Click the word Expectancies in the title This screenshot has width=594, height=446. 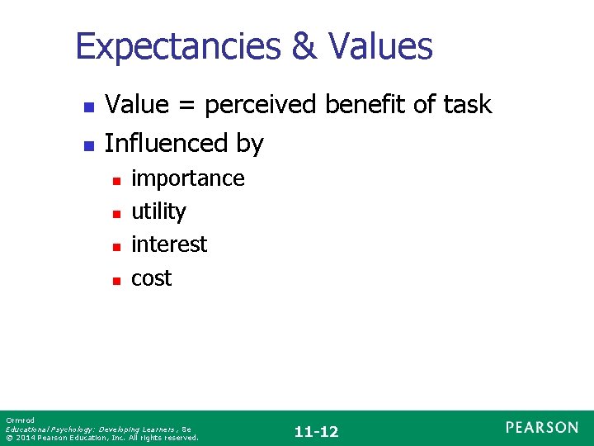(177, 47)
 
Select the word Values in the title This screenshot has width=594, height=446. (382, 47)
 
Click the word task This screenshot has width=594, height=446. (468, 105)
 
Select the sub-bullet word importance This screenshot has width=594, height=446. (188, 179)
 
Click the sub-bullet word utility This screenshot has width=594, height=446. (158, 212)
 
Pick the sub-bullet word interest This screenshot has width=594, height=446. (169, 244)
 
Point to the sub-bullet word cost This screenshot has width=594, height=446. (152, 278)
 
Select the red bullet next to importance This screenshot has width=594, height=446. (116, 180)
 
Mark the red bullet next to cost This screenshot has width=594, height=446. (116, 280)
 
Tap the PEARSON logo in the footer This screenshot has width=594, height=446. (542, 427)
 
